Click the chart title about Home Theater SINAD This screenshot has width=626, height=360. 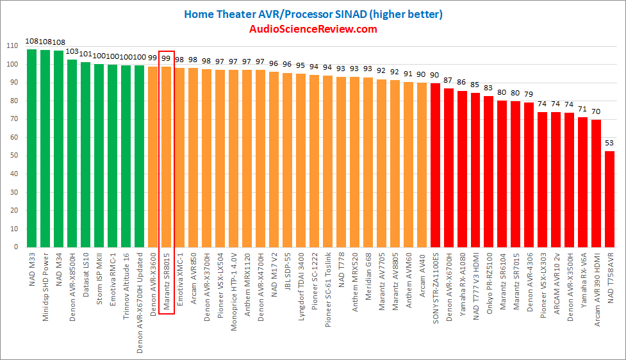click(313, 13)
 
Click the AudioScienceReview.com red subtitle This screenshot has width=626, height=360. click(313, 29)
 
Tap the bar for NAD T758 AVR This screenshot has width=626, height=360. click(610, 199)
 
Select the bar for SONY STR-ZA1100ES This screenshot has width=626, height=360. click(435, 165)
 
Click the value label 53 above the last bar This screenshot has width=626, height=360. click(610, 143)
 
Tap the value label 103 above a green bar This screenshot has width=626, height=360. click(72, 51)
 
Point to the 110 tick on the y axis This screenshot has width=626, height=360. click(12, 46)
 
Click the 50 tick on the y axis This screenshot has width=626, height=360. click(13, 156)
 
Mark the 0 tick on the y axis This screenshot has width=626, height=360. click(15, 247)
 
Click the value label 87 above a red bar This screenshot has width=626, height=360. click(449, 80)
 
